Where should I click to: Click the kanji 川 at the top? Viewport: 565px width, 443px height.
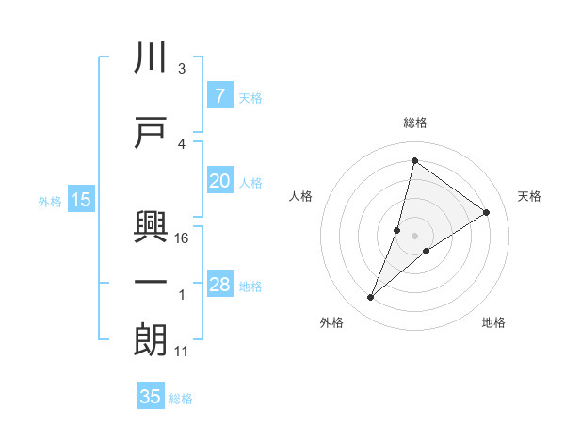pos(151,58)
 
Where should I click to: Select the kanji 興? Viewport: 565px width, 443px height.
pos(151,226)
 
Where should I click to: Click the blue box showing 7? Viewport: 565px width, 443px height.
pos(219,96)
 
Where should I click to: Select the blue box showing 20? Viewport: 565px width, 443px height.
pos(219,182)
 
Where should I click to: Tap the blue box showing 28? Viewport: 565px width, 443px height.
pos(219,286)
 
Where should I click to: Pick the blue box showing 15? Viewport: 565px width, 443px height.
pos(80,200)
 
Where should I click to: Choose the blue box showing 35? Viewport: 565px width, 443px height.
pos(151,397)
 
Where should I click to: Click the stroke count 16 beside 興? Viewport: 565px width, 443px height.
pos(183,238)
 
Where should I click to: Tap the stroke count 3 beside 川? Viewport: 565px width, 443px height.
pos(182,69)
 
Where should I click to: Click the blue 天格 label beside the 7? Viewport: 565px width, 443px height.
pos(250,97)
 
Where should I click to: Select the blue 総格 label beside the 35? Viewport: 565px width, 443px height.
pos(181,398)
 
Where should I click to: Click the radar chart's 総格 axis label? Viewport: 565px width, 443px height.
pos(415,123)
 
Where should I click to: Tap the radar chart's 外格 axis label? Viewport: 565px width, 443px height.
pos(331,322)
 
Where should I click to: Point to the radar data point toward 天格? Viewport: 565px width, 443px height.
pos(487,212)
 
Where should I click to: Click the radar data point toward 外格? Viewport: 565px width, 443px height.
pos(371,298)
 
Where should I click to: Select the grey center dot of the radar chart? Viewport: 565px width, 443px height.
pos(414,236)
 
